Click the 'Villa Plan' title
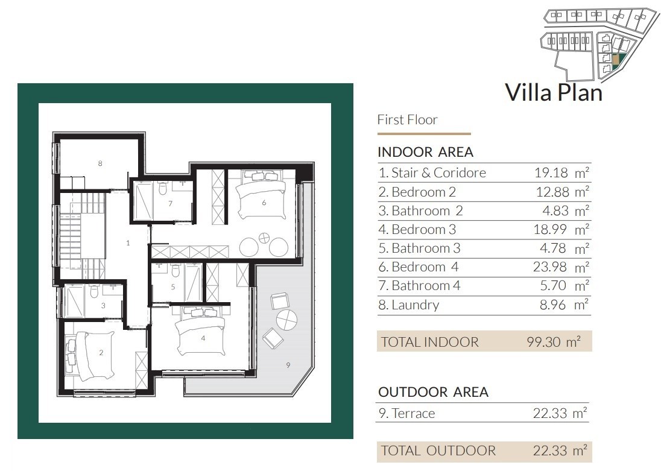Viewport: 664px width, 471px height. (x=554, y=92)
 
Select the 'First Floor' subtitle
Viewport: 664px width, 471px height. (x=407, y=120)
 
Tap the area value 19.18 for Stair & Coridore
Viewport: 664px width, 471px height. (x=551, y=173)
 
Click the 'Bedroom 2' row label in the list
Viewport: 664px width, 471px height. (x=417, y=192)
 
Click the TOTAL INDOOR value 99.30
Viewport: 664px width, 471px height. (x=544, y=342)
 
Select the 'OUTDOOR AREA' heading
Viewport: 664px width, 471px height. (x=433, y=392)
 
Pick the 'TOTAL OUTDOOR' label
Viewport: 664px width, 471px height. (x=438, y=450)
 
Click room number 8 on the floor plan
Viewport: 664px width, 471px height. (x=100, y=163)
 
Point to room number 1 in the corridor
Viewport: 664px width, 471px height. (x=128, y=242)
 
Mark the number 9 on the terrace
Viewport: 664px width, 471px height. (x=288, y=365)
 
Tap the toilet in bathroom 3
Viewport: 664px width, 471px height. (x=95, y=291)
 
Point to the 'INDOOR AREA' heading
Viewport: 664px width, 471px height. (x=426, y=152)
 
